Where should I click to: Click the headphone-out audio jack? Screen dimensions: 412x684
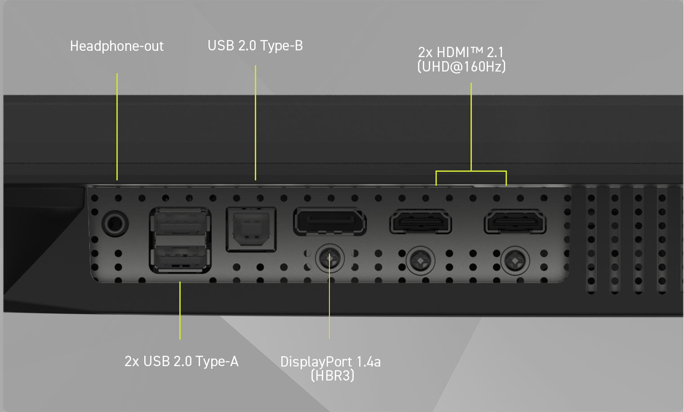(115, 223)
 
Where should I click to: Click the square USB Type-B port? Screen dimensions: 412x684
(251, 228)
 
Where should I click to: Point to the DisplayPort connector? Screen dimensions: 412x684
(330, 221)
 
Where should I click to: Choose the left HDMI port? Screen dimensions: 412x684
(420, 222)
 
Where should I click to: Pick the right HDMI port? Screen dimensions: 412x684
(515, 222)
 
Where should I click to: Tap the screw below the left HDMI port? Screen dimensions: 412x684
(420, 260)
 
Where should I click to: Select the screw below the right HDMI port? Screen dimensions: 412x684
(515, 260)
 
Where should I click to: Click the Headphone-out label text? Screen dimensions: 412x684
(117, 46)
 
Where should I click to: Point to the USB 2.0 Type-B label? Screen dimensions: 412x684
(255, 46)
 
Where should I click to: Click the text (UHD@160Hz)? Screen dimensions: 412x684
(462, 67)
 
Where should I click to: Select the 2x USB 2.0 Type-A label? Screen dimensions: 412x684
(182, 362)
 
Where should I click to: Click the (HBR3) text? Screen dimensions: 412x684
(333, 376)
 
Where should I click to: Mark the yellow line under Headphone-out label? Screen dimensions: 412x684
(117, 126)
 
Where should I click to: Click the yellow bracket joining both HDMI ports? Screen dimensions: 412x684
(471, 171)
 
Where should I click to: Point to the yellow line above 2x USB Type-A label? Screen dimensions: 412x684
(180, 310)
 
